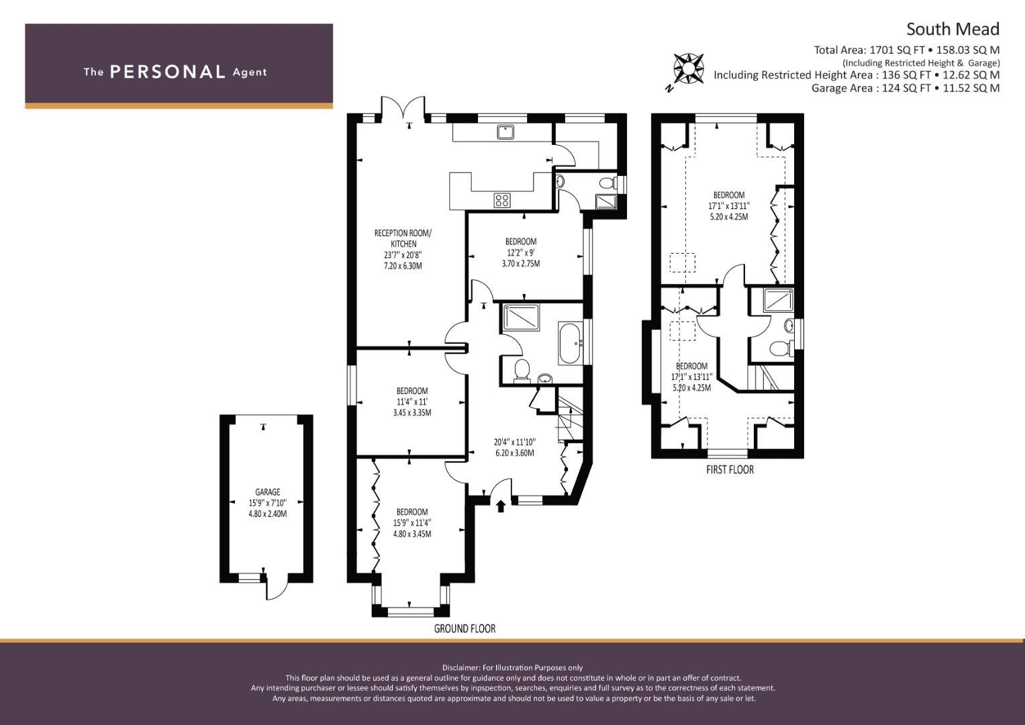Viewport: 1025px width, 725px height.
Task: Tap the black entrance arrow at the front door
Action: point(501,505)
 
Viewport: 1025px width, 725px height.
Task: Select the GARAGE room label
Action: point(267,492)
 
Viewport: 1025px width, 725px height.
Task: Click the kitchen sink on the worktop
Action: point(505,132)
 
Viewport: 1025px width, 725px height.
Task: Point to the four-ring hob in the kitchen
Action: point(502,200)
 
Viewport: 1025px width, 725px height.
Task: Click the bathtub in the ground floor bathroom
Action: point(570,343)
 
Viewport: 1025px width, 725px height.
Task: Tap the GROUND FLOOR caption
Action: point(465,628)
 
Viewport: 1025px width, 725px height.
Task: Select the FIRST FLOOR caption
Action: point(730,470)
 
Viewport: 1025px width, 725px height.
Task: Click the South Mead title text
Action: point(953,30)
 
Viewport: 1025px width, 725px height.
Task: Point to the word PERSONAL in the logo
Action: point(168,72)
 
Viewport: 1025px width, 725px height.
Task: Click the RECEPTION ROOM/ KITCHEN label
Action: point(403,238)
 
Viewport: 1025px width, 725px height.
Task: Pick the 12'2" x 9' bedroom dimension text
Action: point(521,252)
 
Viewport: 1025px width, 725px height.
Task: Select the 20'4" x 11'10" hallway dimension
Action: point(515,442)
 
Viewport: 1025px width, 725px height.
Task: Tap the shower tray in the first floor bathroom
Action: point(778,301)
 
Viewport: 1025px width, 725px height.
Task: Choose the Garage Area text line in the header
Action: point(906,88)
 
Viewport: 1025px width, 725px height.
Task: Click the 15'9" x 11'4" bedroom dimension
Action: point(412,523)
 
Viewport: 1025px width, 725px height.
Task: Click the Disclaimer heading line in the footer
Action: point(512,668)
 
